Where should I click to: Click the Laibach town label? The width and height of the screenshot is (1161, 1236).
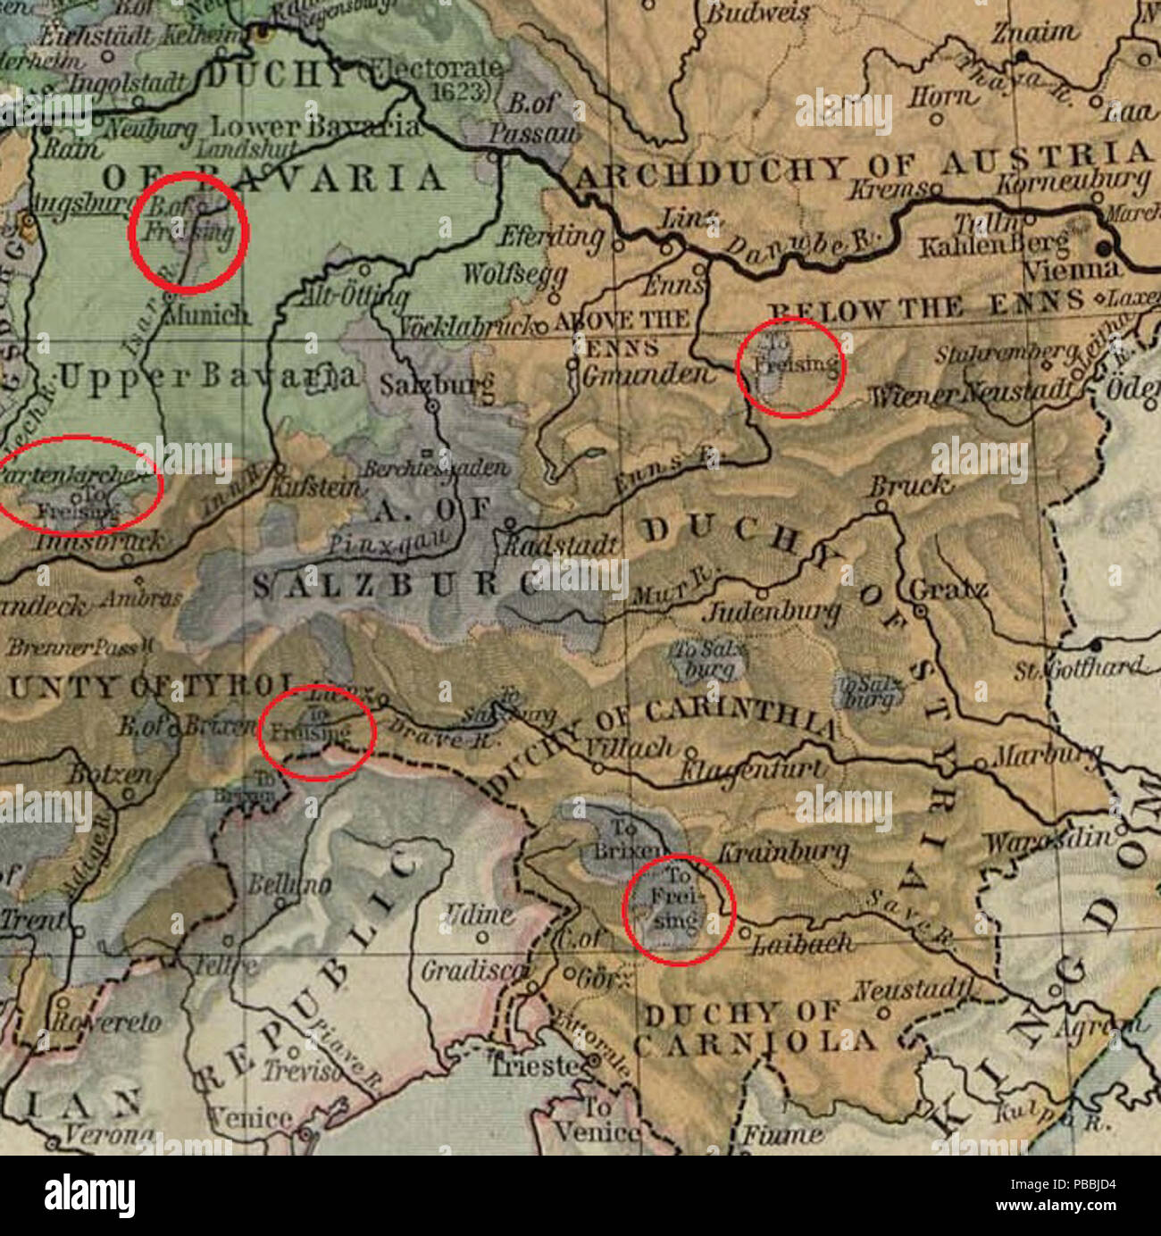tap(802, 943)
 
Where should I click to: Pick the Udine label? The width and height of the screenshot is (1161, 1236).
tap(479, 915)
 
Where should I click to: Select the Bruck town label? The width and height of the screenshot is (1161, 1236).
tap(906, 487)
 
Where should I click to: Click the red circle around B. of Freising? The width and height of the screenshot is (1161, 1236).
tap(188, 232)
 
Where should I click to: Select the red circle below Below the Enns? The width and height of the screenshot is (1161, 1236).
tap(791, 367)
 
